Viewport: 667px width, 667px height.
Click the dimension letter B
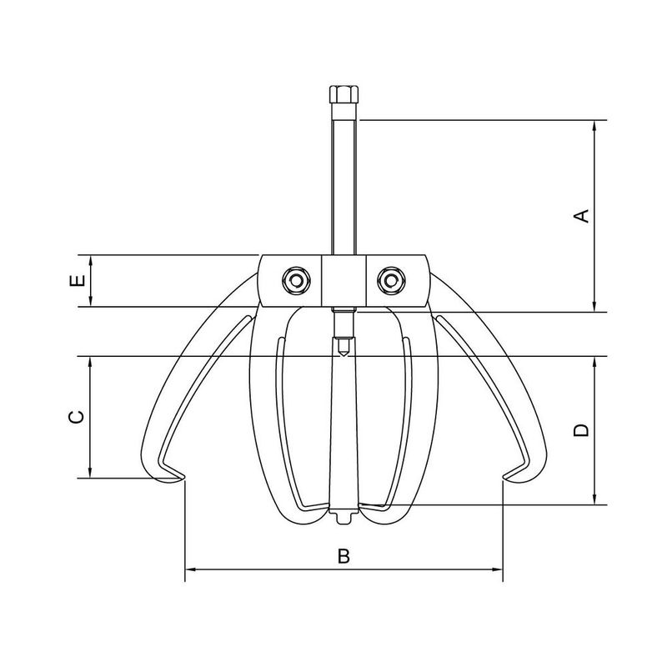344,556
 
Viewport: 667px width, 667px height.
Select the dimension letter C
76,417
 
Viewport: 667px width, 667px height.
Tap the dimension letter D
581,430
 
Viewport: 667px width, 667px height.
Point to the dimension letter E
78,280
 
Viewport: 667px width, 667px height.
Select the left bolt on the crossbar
296,280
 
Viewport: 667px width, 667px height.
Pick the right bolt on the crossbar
392,280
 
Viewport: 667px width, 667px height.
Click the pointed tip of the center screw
343,355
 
